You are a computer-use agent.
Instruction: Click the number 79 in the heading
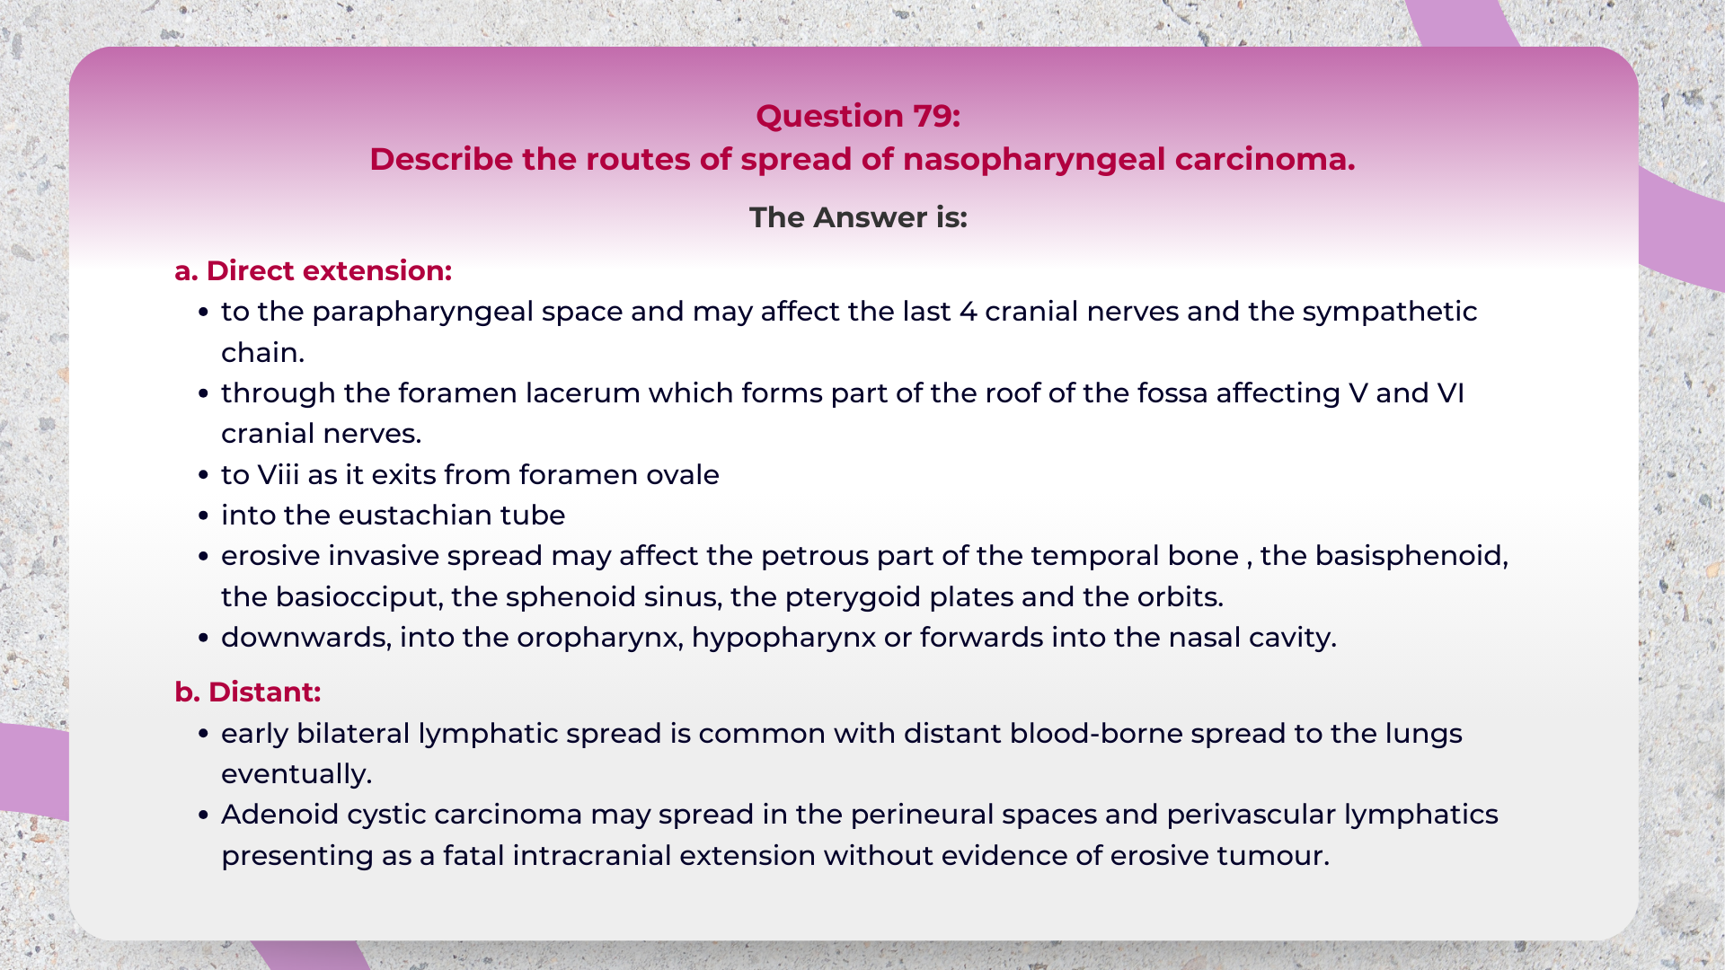(x=935, y=116)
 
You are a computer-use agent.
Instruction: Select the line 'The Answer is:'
(x=858, y=217)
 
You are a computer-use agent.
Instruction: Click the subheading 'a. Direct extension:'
(x=313, y=270)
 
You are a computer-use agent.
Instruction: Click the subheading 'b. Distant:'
(x=247, y=692)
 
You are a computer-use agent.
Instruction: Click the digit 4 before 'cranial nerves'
(x=968, y=312)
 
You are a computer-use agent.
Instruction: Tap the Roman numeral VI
(x=1450, y=393)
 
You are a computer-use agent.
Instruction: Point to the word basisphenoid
(x=1411, y=556)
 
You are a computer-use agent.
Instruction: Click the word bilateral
(x=353, y=734)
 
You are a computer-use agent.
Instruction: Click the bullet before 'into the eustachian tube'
(x=203, y=516)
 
